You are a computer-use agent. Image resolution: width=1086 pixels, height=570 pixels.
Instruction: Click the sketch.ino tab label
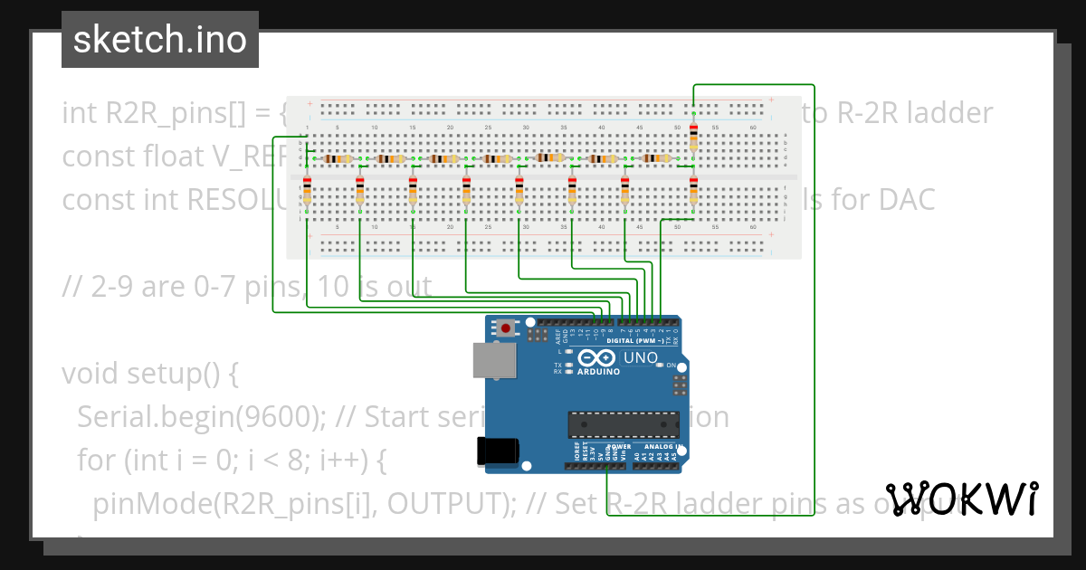coord(159,40)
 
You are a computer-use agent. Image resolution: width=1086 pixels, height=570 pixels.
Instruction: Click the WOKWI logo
coord(962,499)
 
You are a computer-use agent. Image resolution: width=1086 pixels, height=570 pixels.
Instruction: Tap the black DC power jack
coord(499,451)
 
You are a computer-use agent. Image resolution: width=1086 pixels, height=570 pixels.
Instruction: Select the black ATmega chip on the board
coord(623,423)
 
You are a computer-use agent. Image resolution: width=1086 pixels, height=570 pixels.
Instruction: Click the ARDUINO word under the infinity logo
coord(596,372)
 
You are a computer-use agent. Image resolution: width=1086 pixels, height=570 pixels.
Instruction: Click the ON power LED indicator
coord(671,366)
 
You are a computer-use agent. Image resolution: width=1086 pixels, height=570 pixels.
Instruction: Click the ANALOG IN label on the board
coord(666,446)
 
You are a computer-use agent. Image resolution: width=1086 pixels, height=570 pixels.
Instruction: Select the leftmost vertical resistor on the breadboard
coord(307,193)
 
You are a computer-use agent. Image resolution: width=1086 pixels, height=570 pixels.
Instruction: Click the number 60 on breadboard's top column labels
coord(753,128)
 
